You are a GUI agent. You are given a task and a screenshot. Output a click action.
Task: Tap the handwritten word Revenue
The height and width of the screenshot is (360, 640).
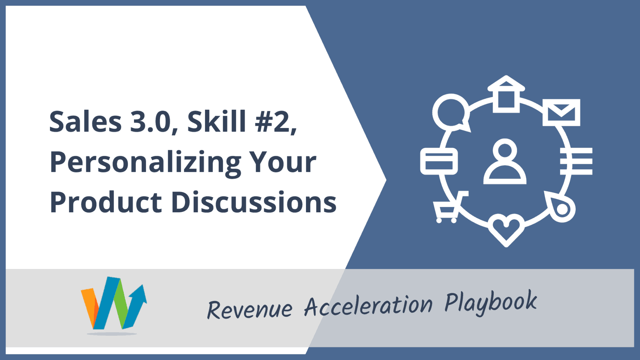pos(250,309)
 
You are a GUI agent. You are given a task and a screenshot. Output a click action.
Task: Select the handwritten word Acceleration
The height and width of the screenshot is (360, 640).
pos(368,305)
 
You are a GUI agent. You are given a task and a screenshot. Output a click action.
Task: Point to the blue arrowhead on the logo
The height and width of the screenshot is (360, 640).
pos(139,294)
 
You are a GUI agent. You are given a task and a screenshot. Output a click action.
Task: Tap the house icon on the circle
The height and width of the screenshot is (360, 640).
pos(506,94)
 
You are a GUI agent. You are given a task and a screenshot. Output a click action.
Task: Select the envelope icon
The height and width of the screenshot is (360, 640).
pos(561,112)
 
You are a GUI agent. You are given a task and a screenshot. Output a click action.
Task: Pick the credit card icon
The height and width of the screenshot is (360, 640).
pos(439,161)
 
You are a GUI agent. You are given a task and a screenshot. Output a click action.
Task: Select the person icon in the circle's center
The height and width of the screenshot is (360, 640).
pos(505,162)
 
